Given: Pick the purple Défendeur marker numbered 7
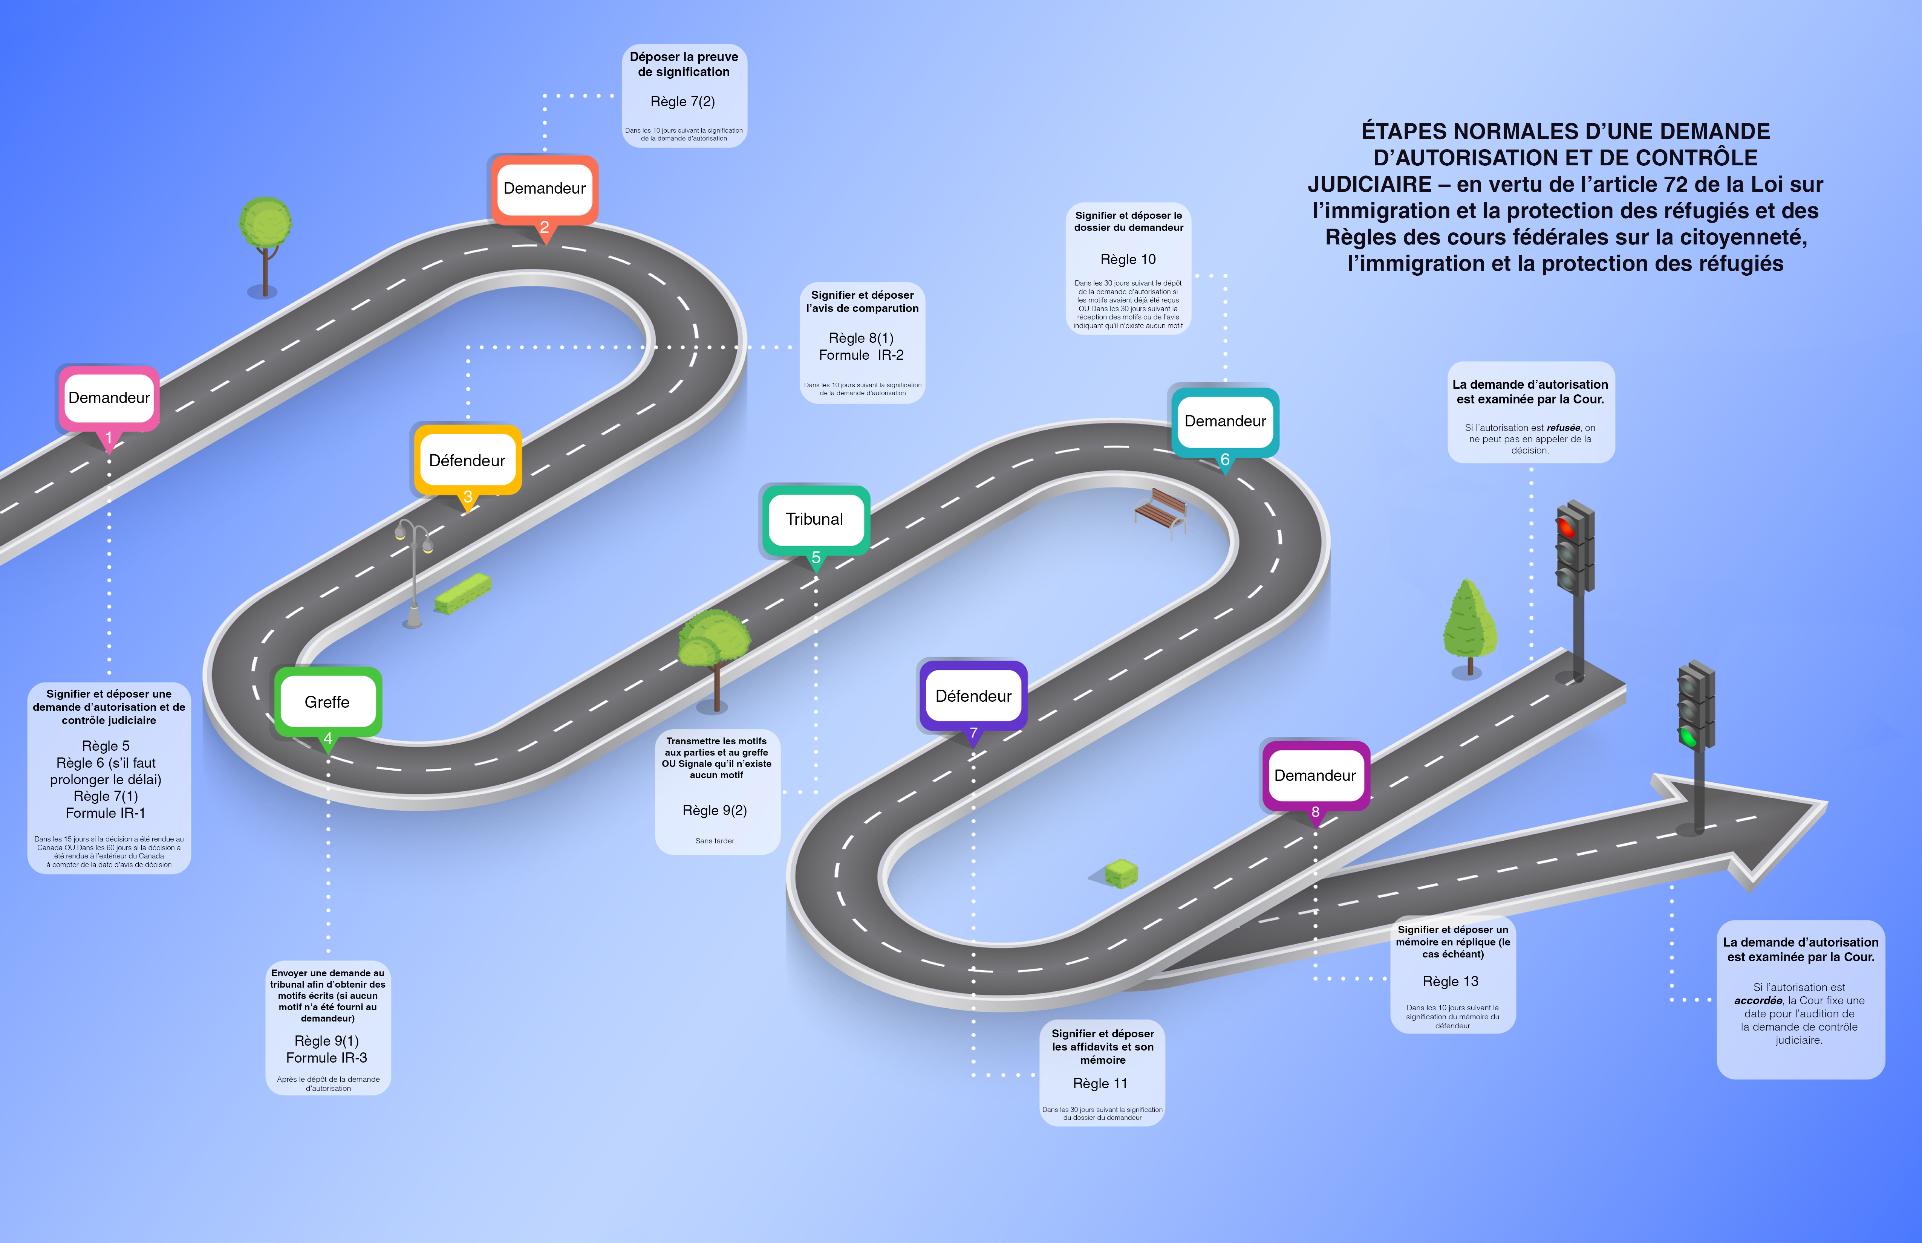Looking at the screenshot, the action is click(x=973, y=696).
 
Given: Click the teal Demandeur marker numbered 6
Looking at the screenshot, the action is click(x=1225, y=422).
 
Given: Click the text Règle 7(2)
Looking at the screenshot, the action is click(x=683, y=102).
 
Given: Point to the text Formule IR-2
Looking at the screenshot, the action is click(x=862, y=355).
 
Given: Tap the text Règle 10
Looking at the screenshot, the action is click(x=1128, y=259).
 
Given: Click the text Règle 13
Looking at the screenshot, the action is click(x=1451, y=982).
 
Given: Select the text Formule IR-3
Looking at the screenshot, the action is click(x=327, y=1058).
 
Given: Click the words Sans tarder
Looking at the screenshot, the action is click(x=715, y=841).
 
